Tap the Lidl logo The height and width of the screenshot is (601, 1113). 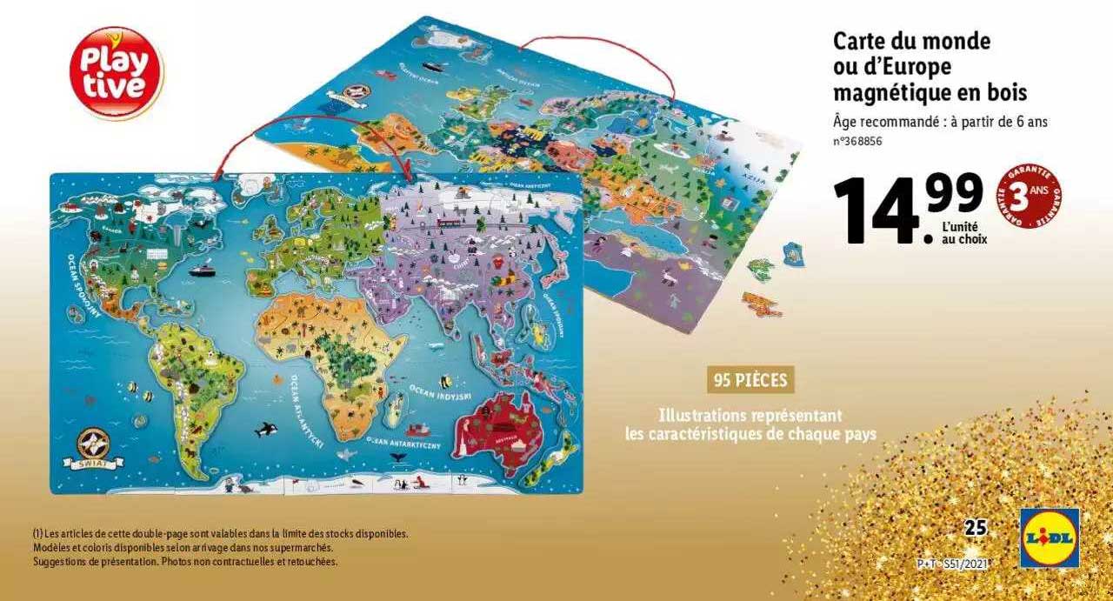[1050, 538]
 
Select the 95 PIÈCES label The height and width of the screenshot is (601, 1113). [750, 380]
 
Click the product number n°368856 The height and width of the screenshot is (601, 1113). [857, 142]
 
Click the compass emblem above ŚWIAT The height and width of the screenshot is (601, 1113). [91, 443]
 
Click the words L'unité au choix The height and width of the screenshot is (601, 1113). [964, 232]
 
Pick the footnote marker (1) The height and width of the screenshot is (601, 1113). [38, 533]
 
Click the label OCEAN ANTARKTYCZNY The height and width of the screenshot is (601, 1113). [403, 443]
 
